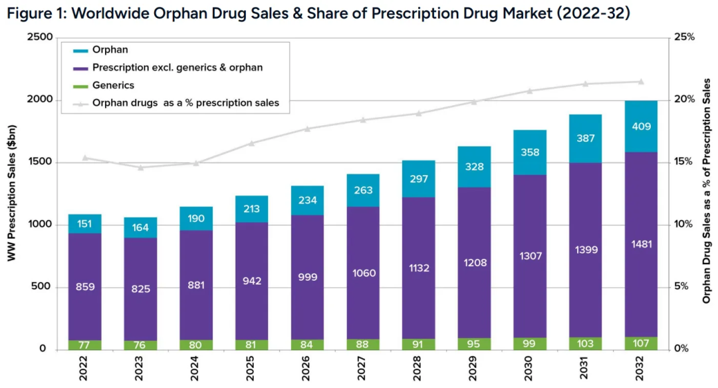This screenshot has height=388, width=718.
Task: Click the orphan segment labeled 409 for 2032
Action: (641, 126)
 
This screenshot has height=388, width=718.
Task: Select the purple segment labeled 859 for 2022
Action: (84, 287)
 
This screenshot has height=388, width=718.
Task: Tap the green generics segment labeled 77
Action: (84, 345)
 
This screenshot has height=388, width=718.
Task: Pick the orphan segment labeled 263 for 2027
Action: (363, 190)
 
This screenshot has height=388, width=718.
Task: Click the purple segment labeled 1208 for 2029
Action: (473, 262)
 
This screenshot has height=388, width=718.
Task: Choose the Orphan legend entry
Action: (110, 50)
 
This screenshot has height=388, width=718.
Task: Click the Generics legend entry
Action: (113, 85)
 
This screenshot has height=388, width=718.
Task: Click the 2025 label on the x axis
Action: (252, 370)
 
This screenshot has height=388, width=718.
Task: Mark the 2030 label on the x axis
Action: (530, 370)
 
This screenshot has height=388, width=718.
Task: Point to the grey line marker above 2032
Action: (641, 82)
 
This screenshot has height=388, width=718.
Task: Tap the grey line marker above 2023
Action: (140, 167)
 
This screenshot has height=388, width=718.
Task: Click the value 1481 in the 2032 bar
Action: (641, 244)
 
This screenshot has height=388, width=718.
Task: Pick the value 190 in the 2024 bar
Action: (195, 219)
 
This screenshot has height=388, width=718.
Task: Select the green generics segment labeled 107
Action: (641, 343)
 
